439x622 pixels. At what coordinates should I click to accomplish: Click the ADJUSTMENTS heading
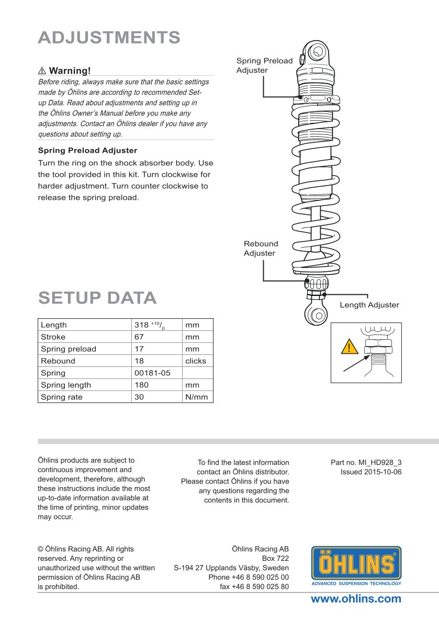(x=109, y=38)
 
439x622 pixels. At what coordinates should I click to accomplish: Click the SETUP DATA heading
(x=97, y=297)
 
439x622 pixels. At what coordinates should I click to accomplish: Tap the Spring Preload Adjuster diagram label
(x=264, y=65)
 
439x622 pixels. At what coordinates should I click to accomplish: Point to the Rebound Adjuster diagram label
(x=261, y=248)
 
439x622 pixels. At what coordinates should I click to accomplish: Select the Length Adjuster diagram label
(x=369, y=305)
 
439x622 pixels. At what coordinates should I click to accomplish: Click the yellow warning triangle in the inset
(x=348, y=348)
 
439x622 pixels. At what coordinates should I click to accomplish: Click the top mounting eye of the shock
(x=317, y=52)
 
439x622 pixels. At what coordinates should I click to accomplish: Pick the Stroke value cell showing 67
(x=139, y=337)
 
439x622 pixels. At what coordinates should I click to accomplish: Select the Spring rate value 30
(x=139, y=397)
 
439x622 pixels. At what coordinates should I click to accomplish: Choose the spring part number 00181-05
(x=152, y=373)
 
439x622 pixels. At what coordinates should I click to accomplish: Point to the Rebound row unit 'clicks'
(x=196, y=361)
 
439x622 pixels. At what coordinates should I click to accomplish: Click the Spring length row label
(x=66, y=385)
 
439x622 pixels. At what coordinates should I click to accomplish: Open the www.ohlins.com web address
(x=356, y=599)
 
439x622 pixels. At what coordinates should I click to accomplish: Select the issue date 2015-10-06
(x=371, y=472)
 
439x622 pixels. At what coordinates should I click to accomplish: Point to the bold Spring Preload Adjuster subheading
(x=87, y=151)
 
